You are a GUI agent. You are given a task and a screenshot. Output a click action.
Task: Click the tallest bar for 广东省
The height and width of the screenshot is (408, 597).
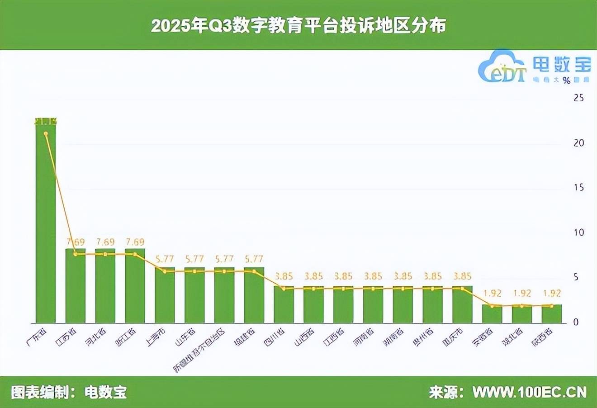pyautogui.click(x=46, y=222)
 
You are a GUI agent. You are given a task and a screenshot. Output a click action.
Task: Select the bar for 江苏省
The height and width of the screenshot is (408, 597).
pyautogui.click(x=76, y=286)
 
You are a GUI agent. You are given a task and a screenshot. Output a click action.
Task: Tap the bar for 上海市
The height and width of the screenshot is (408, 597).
pyautogui.click(x=165, y=295)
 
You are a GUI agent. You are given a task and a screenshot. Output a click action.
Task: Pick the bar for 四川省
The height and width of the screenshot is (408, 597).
pyautogui.click(x=284, y=305)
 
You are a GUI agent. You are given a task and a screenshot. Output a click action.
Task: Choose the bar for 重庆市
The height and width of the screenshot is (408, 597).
pyautogui.click(x=462, y=305)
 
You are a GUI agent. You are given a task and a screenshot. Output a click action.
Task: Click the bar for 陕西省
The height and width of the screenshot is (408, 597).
pyautogui.click(x=552, y=314)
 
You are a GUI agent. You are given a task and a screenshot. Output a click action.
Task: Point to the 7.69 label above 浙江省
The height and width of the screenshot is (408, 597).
pyautogui.click(x=135, y=242)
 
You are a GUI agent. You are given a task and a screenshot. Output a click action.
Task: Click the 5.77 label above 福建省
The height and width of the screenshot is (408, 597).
pyautogui.click(x=254, y=259)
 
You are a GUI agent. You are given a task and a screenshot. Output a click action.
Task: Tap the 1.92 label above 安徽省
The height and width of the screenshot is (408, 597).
pyautogui.click(x=492, y=293)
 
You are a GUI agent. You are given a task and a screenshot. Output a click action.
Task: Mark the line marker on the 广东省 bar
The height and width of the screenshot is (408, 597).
pyautogui.click(x=46, y=133)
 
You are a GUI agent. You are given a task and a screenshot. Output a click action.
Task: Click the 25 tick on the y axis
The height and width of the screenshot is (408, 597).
pyautogui.click(x=578, y=98)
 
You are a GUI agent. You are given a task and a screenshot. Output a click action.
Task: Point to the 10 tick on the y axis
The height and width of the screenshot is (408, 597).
pyautogui.click(x=578, y=232)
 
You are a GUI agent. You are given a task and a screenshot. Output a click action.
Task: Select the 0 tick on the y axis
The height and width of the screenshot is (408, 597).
pyautogui.click(x=576, y=322)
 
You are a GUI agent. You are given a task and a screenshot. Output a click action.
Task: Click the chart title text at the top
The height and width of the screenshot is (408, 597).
pyautogui.click(x=298, y=26)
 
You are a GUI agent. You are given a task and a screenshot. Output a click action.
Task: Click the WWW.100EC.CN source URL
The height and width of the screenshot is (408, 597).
pyautogui.click(x=530, y=392)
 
